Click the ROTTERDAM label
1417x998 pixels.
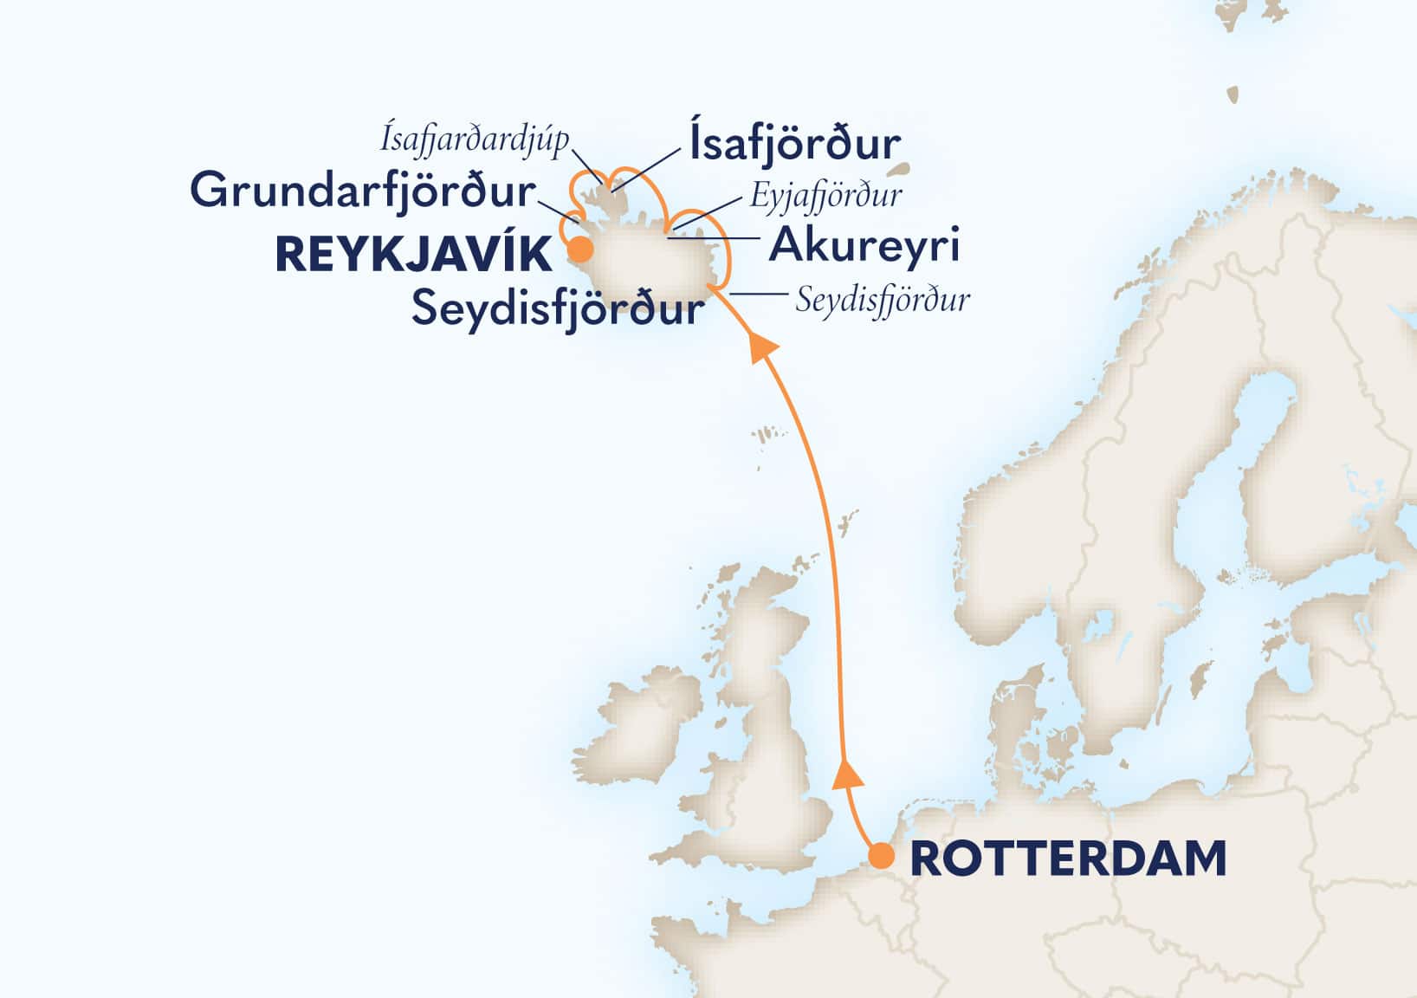(x=1068, y=859)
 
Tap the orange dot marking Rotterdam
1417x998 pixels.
(x=882, y=857)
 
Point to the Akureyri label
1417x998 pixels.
(x=864, y=245)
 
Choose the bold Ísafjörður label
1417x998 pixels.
(x=794, y=144)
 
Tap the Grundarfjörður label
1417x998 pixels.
(x=363, y=191)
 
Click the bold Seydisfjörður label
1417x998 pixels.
(x=557, y=308)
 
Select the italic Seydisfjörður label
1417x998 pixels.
(x=882, y=301)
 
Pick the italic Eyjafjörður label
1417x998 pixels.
(x=825, y=195)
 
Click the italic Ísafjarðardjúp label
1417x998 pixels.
(x=474, y=139)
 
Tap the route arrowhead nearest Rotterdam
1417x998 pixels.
(x=846, y=774)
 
